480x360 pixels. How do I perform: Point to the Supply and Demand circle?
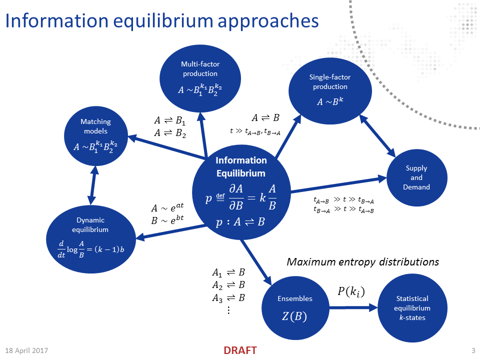[416, 177]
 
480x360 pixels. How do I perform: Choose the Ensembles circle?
[295, 305]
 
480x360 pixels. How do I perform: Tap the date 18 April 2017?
[27, 349]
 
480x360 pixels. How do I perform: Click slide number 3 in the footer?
[473, 349]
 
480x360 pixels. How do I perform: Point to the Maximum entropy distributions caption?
[363, 262]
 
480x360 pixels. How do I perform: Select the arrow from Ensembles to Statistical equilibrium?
[352, 308]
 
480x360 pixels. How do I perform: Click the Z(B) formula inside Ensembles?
[295, 317]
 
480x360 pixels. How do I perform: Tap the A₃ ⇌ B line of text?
[228, 298]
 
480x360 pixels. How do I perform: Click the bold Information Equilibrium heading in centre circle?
[241, 167]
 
